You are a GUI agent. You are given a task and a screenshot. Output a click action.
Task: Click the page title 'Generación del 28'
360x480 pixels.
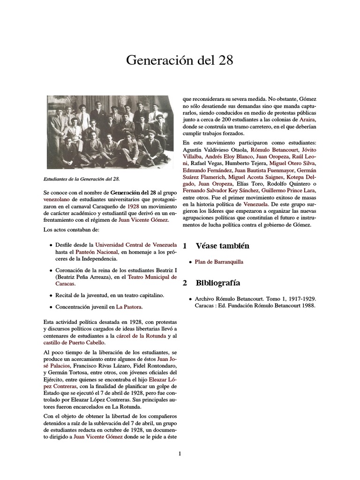(x=180, y=60)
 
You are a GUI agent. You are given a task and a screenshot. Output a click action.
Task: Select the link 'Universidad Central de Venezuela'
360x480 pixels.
(x=136, y=245)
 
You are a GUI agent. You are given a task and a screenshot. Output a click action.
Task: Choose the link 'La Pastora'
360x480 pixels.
(x=129, y=307)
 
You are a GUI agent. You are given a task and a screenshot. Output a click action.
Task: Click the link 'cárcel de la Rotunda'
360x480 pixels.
(x=141, y=336)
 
